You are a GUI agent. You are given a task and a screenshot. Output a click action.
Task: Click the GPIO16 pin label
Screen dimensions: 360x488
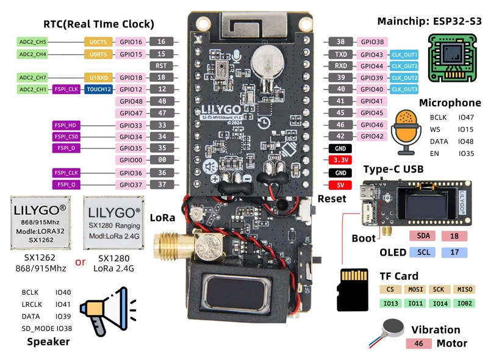(x=131, y=42)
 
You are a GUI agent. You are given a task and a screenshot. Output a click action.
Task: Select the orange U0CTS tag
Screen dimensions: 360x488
(x=97, y=42)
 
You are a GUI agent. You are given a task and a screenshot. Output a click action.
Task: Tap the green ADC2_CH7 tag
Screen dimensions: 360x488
(x=32, y=77)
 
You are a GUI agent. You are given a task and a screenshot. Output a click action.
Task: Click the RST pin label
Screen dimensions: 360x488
(x=161, y=65)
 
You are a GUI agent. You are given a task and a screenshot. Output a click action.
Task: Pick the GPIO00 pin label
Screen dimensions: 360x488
(x=131, y=160)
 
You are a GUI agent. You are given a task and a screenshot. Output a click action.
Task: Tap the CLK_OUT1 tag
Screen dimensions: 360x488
(x=404, y=54)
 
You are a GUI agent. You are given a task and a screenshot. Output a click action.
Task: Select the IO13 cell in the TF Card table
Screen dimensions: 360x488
(x=392, y=303)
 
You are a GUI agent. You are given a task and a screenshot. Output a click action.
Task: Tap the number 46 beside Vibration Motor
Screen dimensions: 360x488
(x=418, y=344)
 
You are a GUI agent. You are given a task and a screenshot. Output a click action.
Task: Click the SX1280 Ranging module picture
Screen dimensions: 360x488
(x=113, y=224)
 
